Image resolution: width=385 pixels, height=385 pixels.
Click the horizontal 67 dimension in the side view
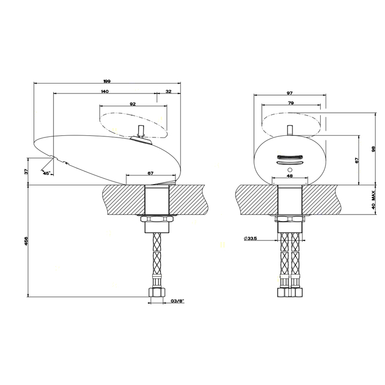click(x=150, y=174)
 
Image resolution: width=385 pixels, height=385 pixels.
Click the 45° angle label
click(x=46, y=173)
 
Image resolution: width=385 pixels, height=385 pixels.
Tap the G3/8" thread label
click(x=177, y=301)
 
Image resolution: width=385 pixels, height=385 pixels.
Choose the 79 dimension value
click(x=290, y=103)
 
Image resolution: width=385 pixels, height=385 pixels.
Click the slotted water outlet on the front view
click(x=289, y=159)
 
